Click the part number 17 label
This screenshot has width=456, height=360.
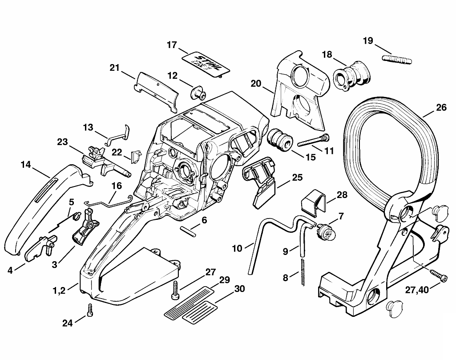tap(172, 45)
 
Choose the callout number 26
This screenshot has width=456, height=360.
tap(441, 107)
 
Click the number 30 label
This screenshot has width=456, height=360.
tap(239, 289)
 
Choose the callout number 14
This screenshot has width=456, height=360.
tap(25, 165)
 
